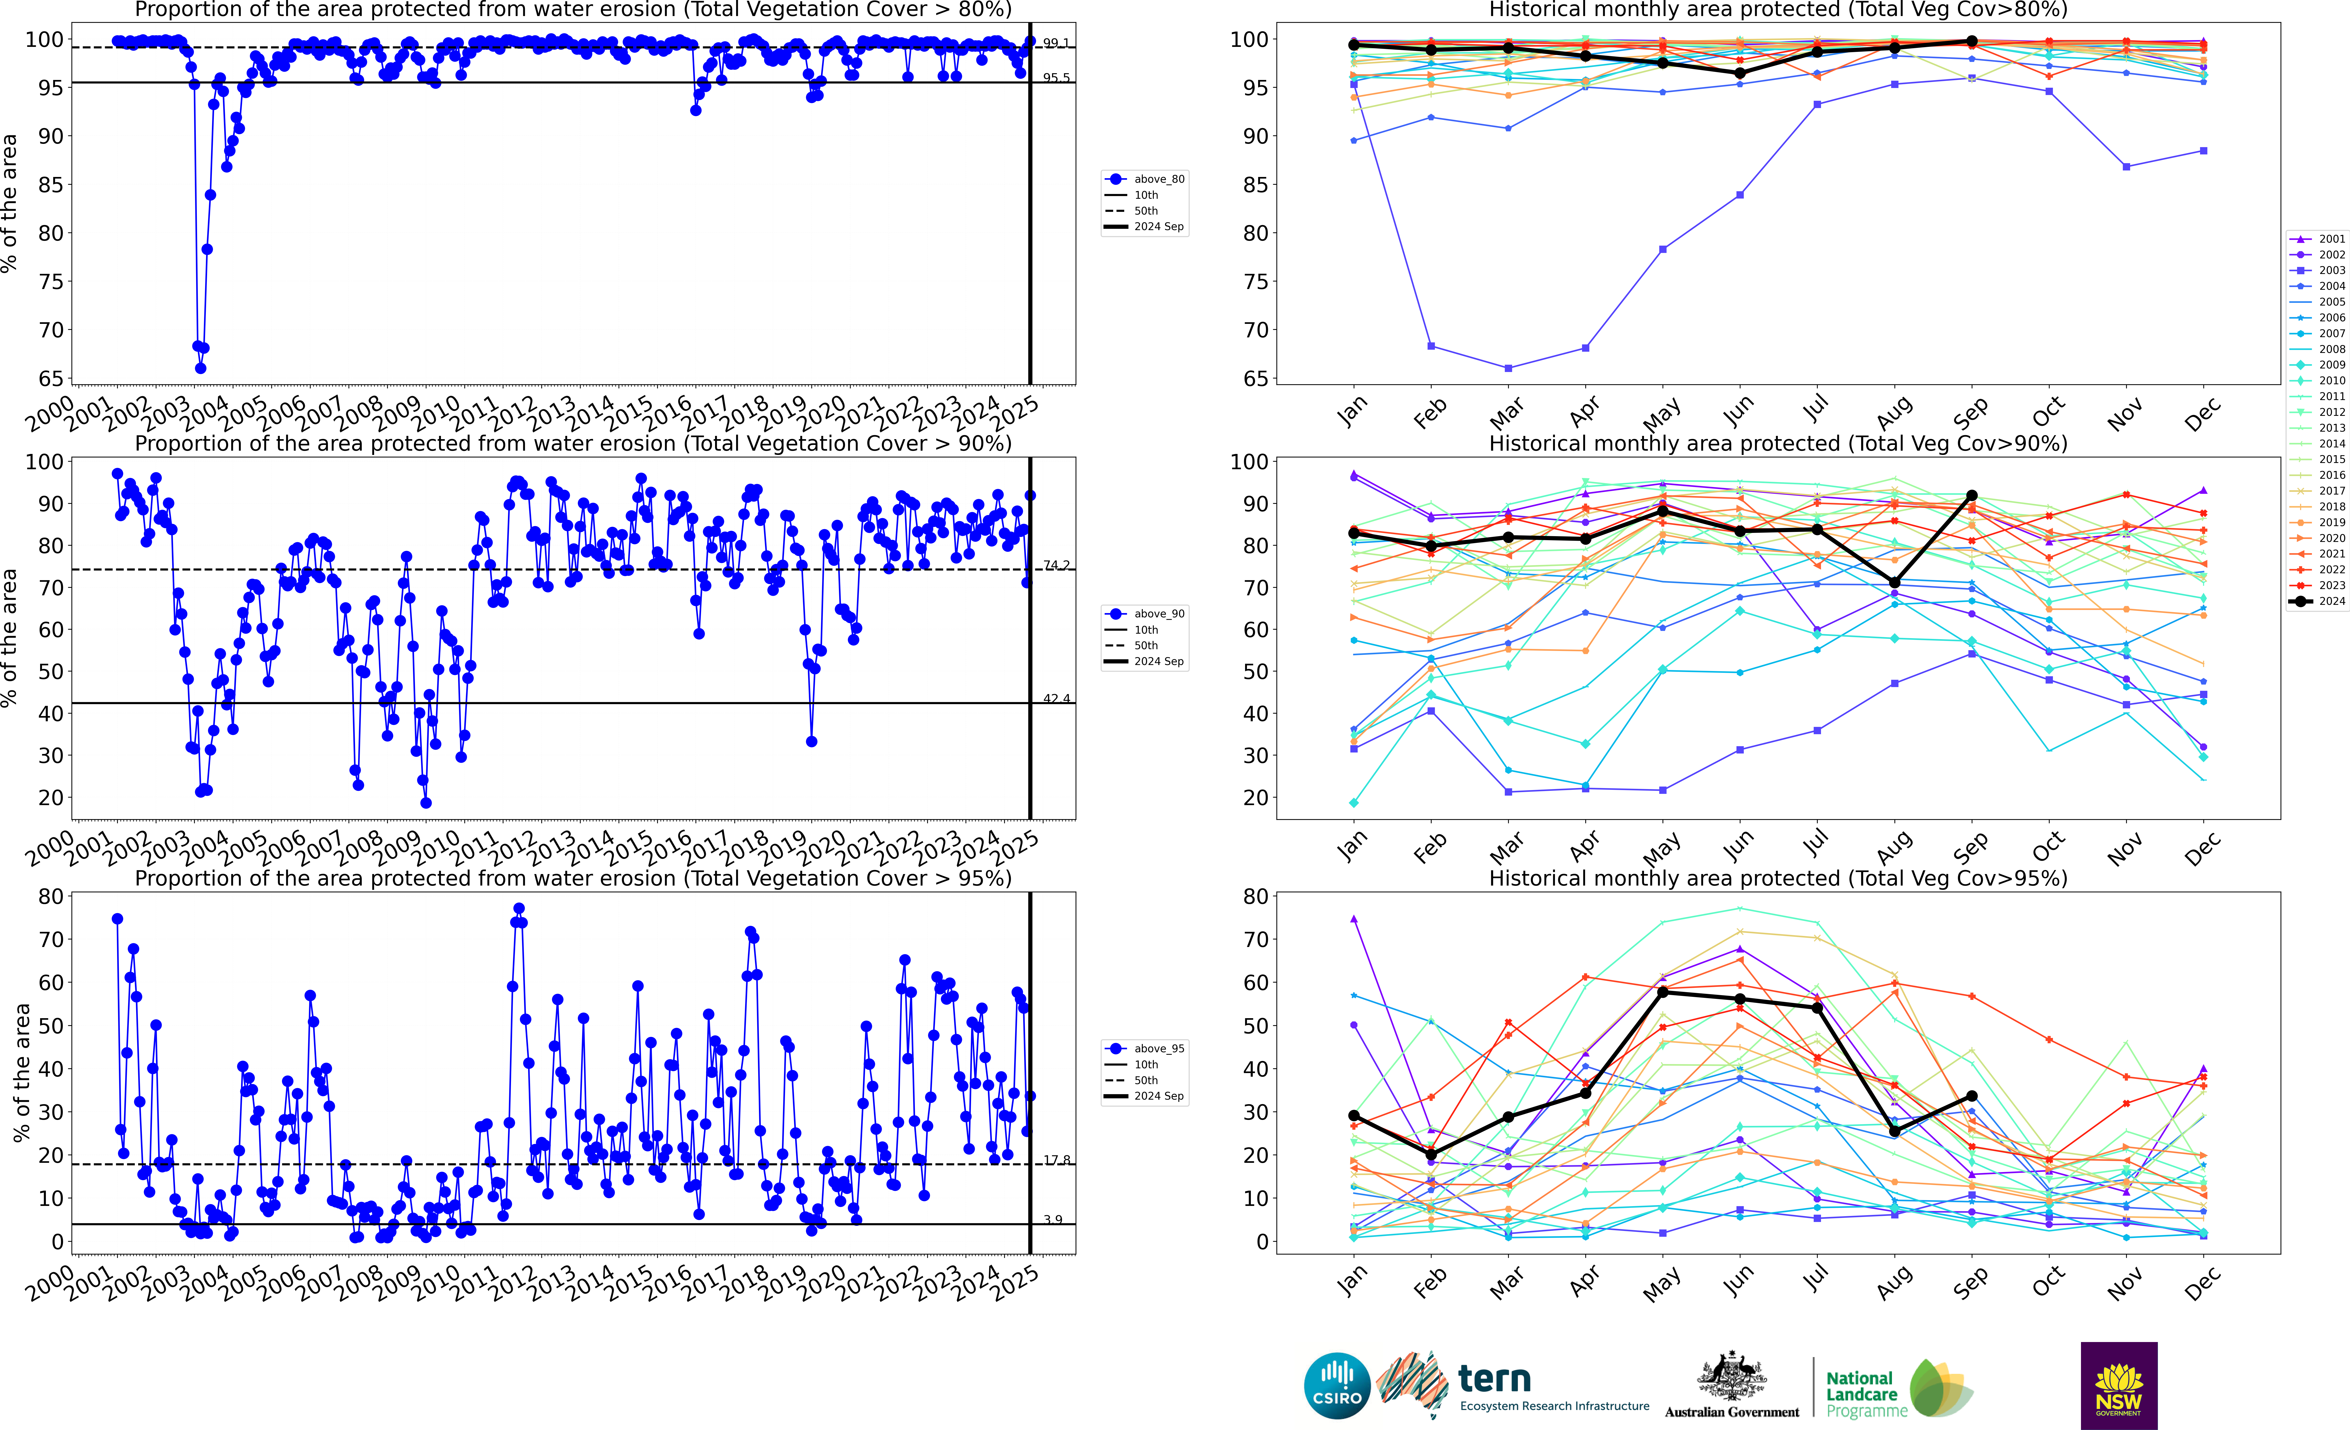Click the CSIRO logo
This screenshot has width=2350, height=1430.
click(1336, 1385)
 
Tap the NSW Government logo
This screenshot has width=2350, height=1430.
click(2118, 1385)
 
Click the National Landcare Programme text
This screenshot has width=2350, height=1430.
click(1865, 1394)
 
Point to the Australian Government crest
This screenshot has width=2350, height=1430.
click(1731, 1378)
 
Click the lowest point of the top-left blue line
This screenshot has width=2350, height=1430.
click(200, 368)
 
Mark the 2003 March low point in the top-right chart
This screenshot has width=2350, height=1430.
click(1508, 368)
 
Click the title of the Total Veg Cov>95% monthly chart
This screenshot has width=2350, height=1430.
click(1778, 878)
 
